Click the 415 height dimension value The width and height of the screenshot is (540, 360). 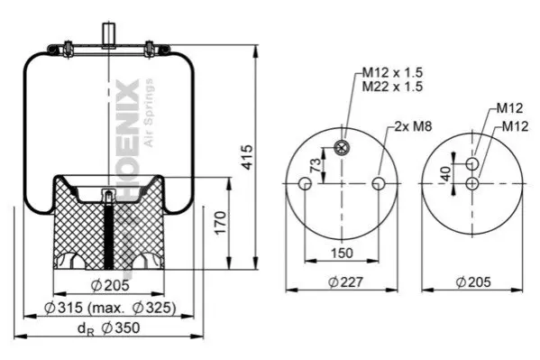click(x=247, y=157)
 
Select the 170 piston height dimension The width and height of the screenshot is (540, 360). click(x=221, y=223)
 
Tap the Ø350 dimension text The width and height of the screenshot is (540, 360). click(x=121, y=328)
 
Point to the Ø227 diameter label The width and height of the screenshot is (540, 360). click(x=345, y=282)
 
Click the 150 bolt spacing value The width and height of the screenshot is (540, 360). click(x=342, y=254)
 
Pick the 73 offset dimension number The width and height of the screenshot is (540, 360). click(x=316, y=165)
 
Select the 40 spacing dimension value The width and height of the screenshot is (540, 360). click(x=446, y=173)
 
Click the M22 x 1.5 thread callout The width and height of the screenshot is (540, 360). click(x=392, y=87)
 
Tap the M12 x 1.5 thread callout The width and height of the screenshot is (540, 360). click(x=392, y=72)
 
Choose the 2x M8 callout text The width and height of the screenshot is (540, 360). click(x=413, y=126)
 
